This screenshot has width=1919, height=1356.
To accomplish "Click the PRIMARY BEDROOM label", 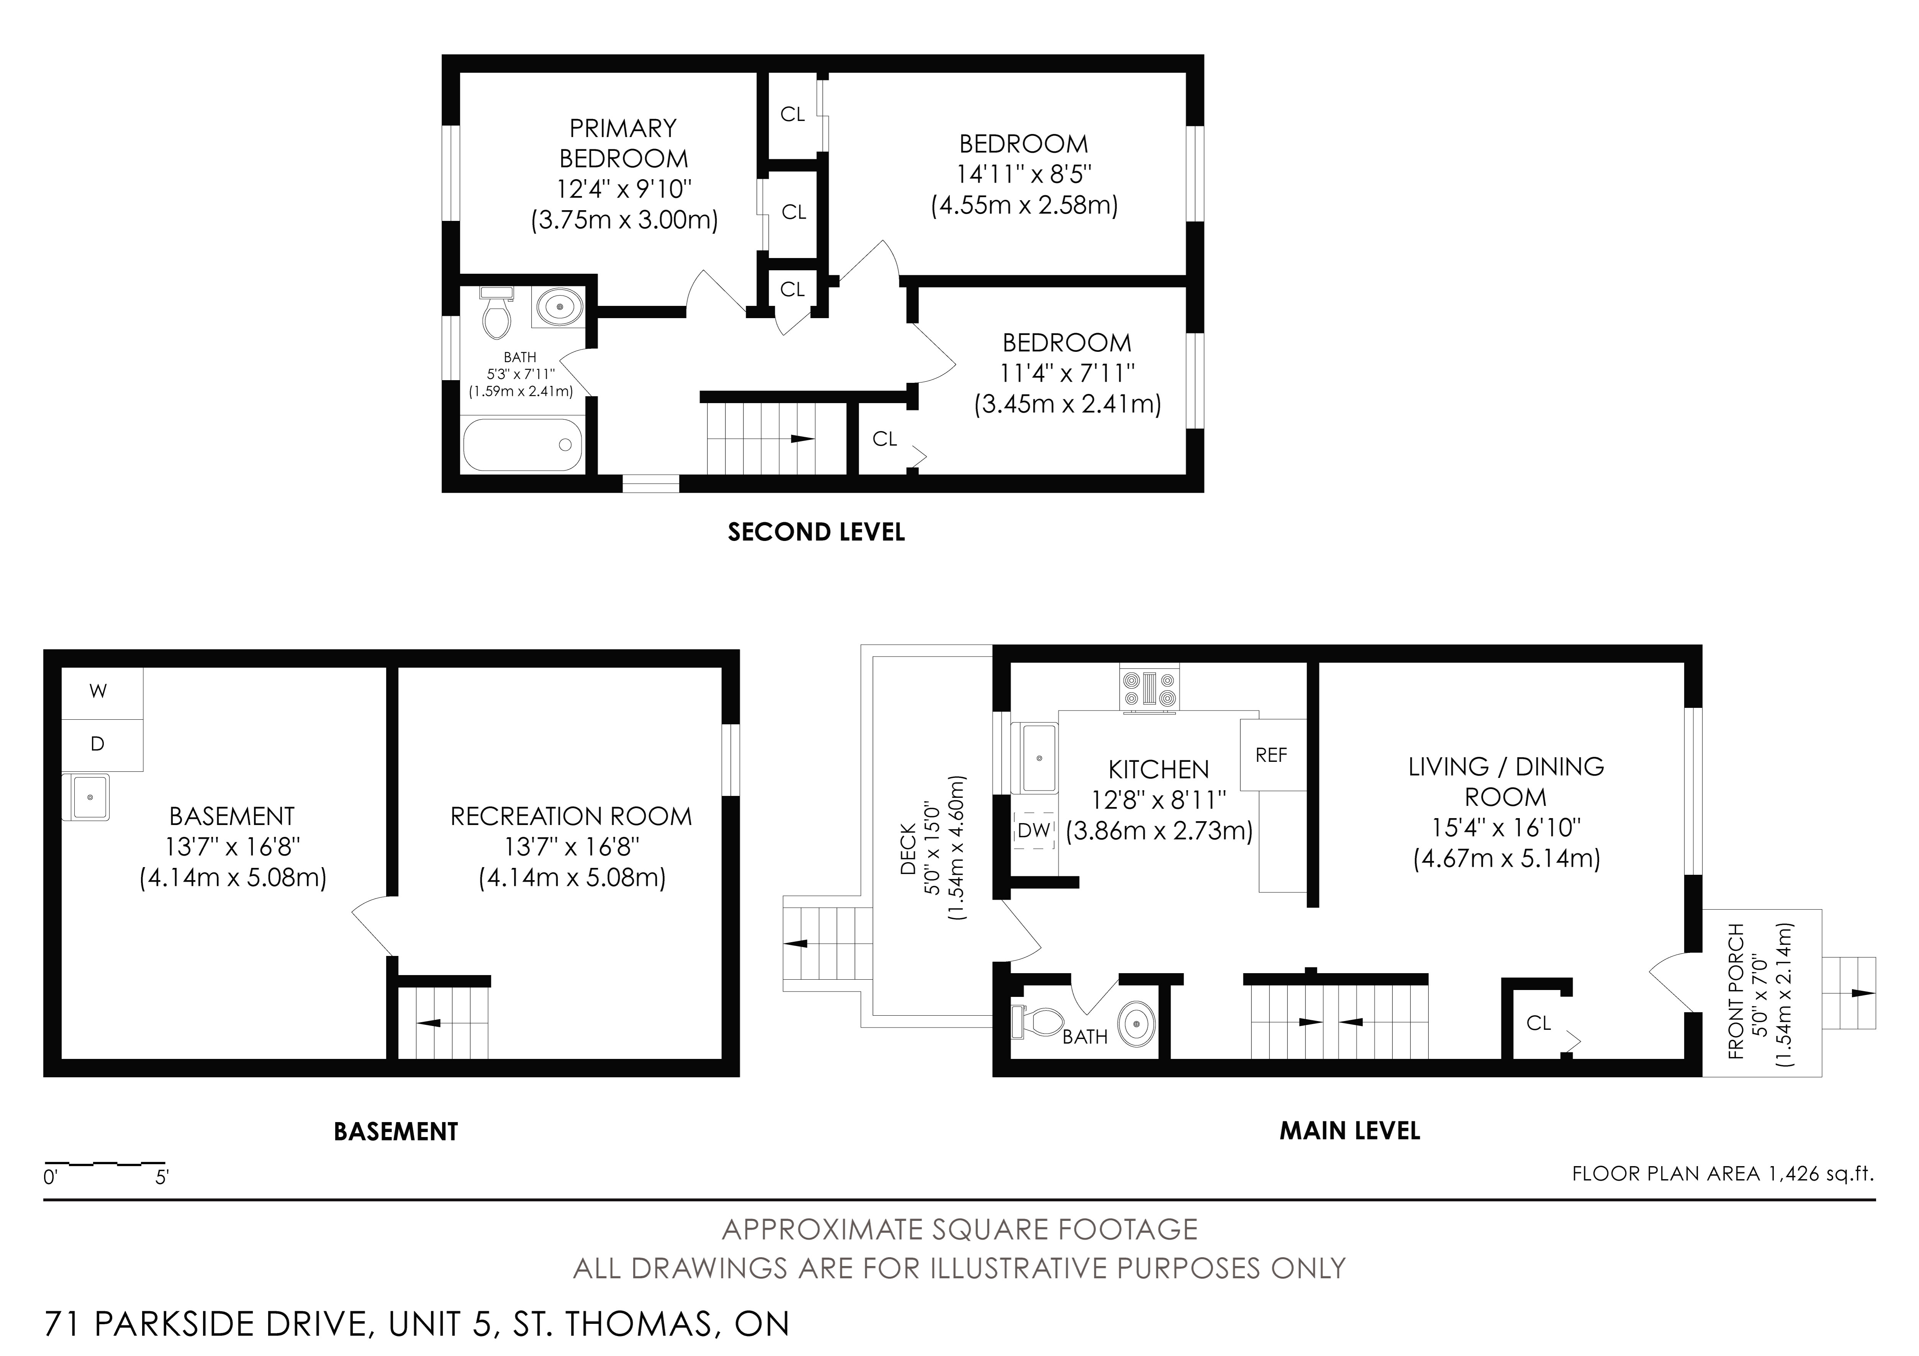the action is click(624, 143).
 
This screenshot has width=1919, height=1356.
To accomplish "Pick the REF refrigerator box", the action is click(1272, 755).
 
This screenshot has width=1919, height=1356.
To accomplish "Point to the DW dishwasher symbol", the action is click(1034, 830).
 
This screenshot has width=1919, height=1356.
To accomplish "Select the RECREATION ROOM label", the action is click(572, 816).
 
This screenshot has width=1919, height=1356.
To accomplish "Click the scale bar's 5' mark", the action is click(162, 1178).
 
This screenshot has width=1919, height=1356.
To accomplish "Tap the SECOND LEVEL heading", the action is click(817, 532).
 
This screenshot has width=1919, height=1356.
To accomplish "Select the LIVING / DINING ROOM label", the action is click(1506, 781).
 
